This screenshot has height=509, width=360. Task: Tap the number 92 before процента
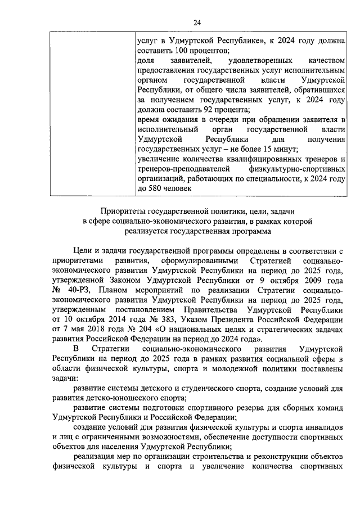191,109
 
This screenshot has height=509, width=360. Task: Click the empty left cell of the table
89,112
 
